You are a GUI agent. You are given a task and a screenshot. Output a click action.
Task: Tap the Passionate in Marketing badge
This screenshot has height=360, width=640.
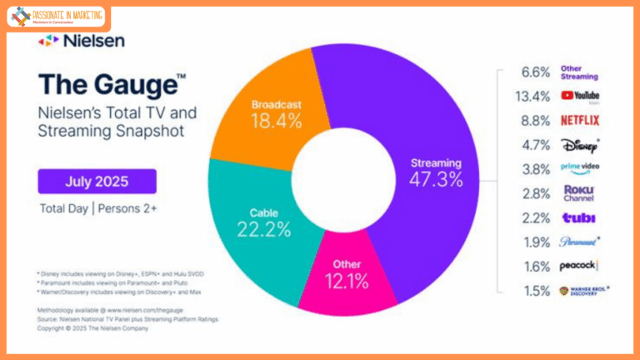pyautogui.click(x=57, y=17)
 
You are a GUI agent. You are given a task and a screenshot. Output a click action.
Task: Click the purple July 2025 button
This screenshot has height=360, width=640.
pyautogui.click(x=96, y=181)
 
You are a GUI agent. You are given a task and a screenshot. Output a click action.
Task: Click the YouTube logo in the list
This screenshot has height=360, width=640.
pyautogui.click(x=580, y=97)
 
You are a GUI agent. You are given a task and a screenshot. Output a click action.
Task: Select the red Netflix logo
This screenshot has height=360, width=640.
pyautogui.click(x=579, y=120)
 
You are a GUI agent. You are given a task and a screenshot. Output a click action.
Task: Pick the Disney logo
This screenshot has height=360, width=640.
pyautogui.click(x=579, y=143)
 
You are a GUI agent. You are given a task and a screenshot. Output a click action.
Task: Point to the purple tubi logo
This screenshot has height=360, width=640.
pyautogui.click(x=577, y=217)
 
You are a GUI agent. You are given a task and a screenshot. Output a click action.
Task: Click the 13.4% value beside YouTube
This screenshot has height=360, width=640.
pyautogui.click(x=534, y=97)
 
